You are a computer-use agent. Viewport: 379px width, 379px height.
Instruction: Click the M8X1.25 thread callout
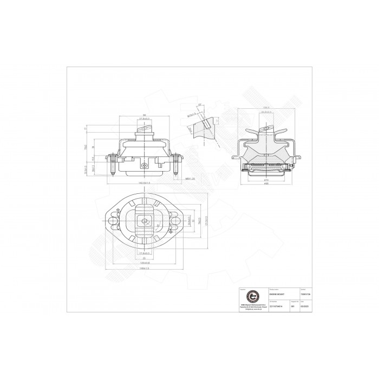[x=190, y=179]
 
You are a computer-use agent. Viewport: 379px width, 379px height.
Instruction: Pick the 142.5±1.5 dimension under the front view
[x=144, y=184]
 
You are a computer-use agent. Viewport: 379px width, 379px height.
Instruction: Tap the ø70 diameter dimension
[x=266, y=180]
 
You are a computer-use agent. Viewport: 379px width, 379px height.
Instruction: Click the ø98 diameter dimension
[x=266, y=184]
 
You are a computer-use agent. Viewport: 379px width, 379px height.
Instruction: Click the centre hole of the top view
[x=145, y=220]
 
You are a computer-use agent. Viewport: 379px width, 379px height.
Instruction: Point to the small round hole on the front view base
[x=143, y=166]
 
